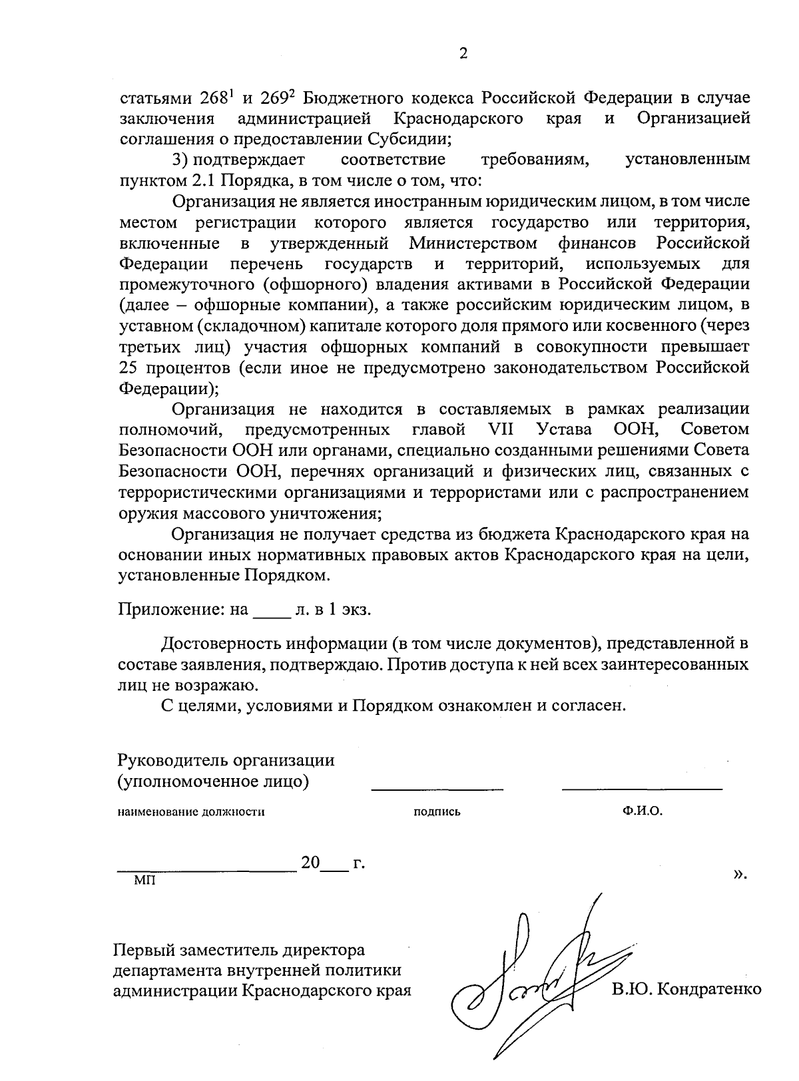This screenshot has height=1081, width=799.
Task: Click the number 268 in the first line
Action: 214,98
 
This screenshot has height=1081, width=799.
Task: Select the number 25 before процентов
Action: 129,367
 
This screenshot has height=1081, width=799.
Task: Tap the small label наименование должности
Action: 191,812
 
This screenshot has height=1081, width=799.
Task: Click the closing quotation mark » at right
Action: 739,873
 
